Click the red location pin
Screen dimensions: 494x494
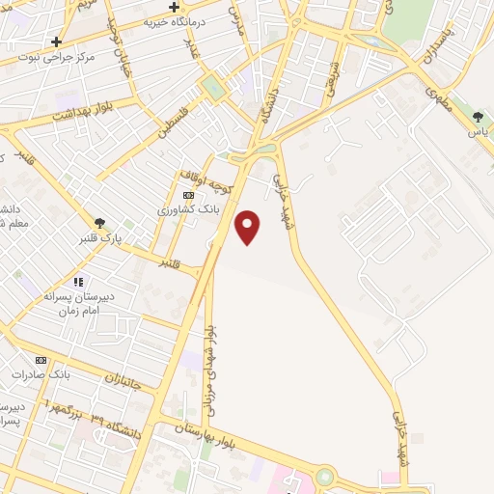[249, 227]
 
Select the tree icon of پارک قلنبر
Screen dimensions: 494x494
[99, 223]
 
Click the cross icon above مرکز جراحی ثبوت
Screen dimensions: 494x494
[57, 41]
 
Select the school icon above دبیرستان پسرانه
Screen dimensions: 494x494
[78, 282]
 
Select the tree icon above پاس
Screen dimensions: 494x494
[478, 117]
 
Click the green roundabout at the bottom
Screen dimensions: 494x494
[324, 476]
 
